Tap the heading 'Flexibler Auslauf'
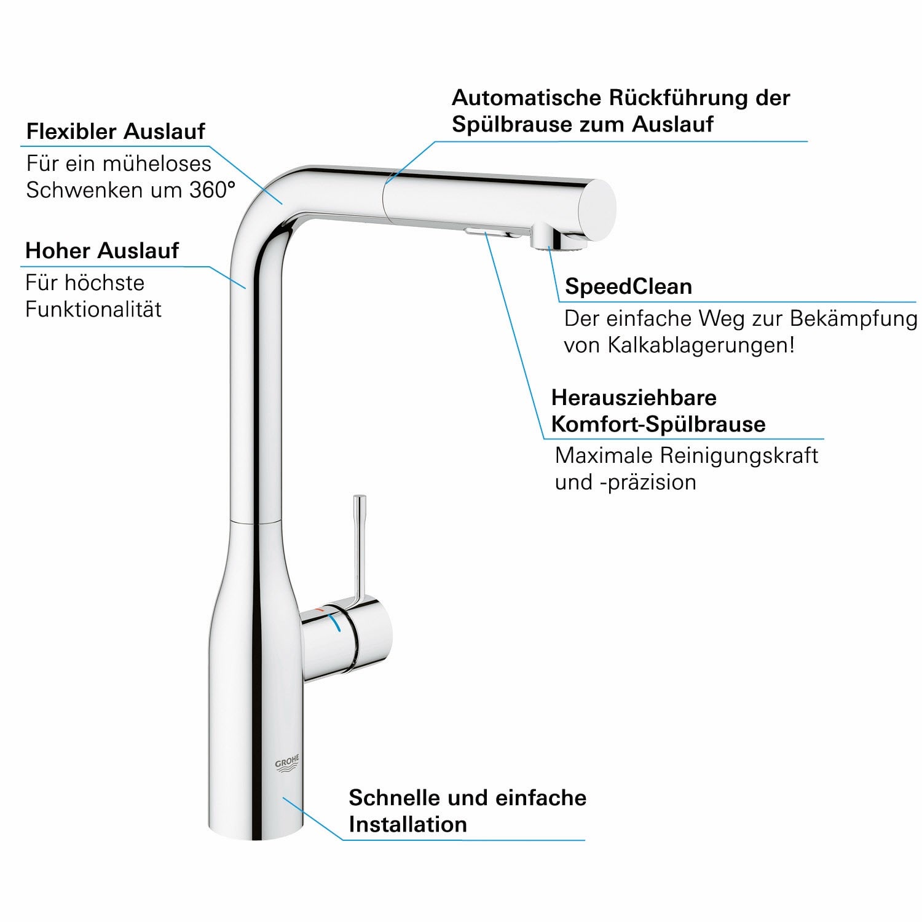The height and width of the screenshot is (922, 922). pos(116,131)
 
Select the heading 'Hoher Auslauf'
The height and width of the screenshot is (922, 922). pos(102,250)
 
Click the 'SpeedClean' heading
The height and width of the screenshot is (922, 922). pos(628,286)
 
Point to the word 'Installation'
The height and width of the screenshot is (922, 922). pos(408,824)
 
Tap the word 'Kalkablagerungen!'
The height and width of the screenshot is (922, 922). pos(701,345)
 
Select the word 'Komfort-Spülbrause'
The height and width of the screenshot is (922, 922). pos(658,424)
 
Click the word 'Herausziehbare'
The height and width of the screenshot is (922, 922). pos(634,398)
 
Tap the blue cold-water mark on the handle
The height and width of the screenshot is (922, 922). pos(335,623)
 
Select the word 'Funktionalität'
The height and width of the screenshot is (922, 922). pos(93,309)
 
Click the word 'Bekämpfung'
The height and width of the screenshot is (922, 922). pos(854,318)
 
